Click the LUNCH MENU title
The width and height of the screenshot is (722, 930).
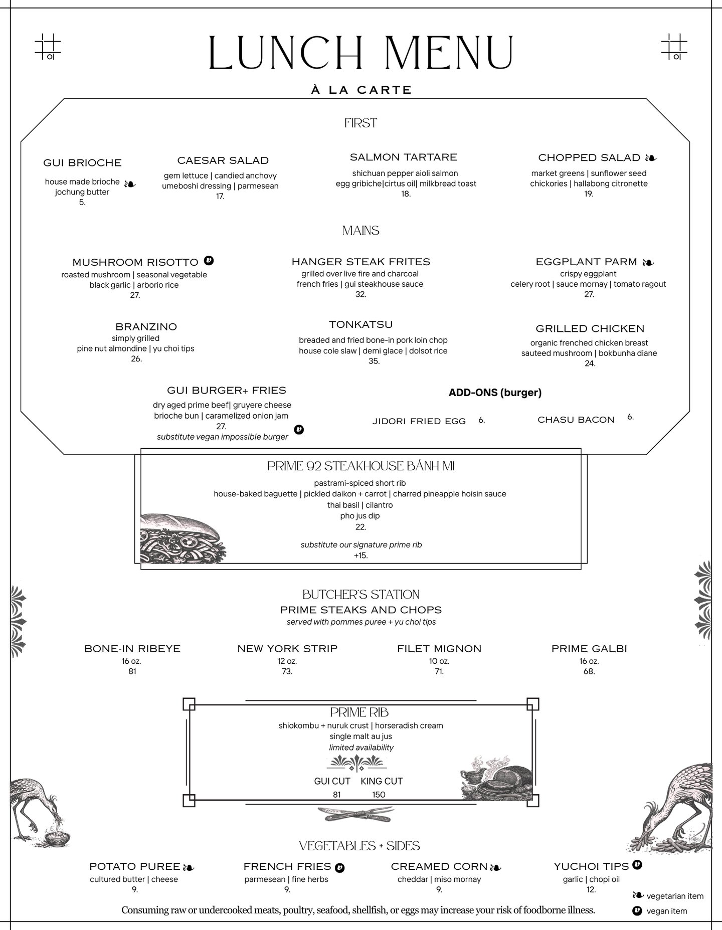[x=361, y=53]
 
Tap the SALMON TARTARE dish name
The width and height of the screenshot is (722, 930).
[x=403, y=157]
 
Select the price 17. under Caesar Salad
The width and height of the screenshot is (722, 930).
[x=220, y=196]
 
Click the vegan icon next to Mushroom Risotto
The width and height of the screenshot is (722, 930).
[x=209, y=261]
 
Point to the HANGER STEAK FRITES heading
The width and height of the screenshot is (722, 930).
[x=360, y=262]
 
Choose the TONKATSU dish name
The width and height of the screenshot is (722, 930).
[x=360, y=324]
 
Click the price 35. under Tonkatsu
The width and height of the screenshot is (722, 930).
[x=374, y=361]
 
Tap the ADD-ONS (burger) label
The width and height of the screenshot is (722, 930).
[x=495, y=393]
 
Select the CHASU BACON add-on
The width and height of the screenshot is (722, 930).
[x=576, y=420]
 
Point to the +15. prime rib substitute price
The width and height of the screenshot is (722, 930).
[x=360, y=555]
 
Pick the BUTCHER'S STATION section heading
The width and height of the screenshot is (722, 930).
[x=360, y=595]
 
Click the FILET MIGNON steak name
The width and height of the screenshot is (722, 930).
[x=439, y=649]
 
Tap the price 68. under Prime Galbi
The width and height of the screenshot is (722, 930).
[x=589, y=671]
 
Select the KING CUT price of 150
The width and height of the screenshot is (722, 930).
[x=379, y=795]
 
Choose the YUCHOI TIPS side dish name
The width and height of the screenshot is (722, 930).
[x=591, y=866]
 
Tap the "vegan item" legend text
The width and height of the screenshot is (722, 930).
[x=667, y=911]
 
